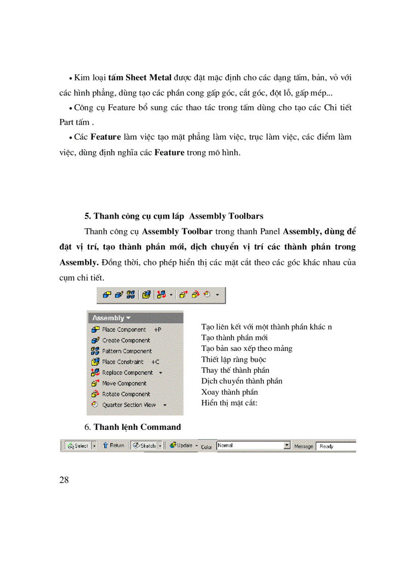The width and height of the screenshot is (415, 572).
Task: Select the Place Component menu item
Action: pyautogui.click(x=124, y=330)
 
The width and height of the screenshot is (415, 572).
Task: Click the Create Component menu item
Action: pyautogui.click(x=126, y=340)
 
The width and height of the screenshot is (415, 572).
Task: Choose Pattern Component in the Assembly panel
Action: pyautogui.click(x=127, y=351)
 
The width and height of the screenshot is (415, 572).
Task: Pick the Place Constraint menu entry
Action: pyautogui.click(x=123, y=362)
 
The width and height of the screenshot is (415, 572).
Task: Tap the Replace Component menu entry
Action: pyautogui.click(x=127, y=372)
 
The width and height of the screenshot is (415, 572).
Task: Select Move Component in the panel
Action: pyautogui.click(x=124, y=383)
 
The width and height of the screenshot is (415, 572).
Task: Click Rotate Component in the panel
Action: pyautogui.click(x=126, y=394)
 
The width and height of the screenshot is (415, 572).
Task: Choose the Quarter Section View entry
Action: pyautogui.click(x=129, y=405)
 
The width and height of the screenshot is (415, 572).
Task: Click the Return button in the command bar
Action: pyautogui.click(x=113, y=445)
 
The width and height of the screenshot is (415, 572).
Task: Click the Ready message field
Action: pyautogui.click(x=335, y=446)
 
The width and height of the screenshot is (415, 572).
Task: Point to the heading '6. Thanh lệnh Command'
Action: pyautogui.click(x=132, y=426)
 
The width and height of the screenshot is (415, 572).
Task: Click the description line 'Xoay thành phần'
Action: pyautogui.click(x=229, y=392)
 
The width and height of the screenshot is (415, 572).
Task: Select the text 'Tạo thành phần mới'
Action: pyautogui.click(x=234, y=337)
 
